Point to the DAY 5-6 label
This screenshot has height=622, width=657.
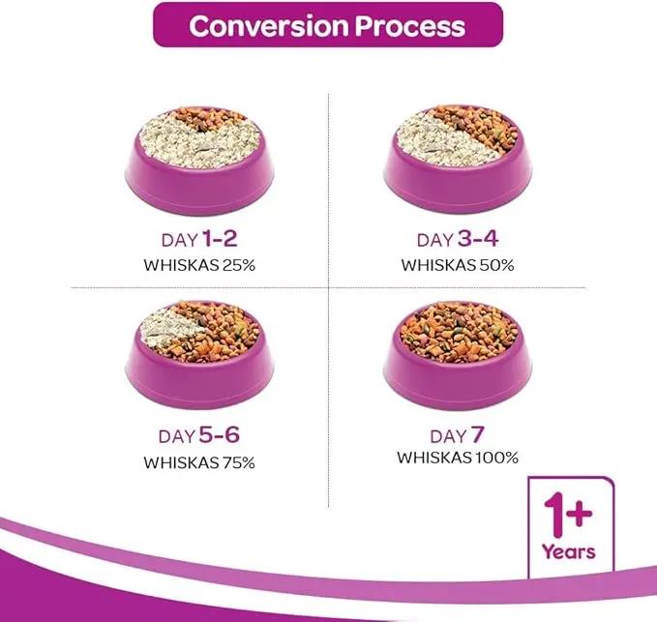[199, 437]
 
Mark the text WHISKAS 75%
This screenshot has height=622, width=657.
[199, 461]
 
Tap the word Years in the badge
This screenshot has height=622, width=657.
[569, 551]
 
